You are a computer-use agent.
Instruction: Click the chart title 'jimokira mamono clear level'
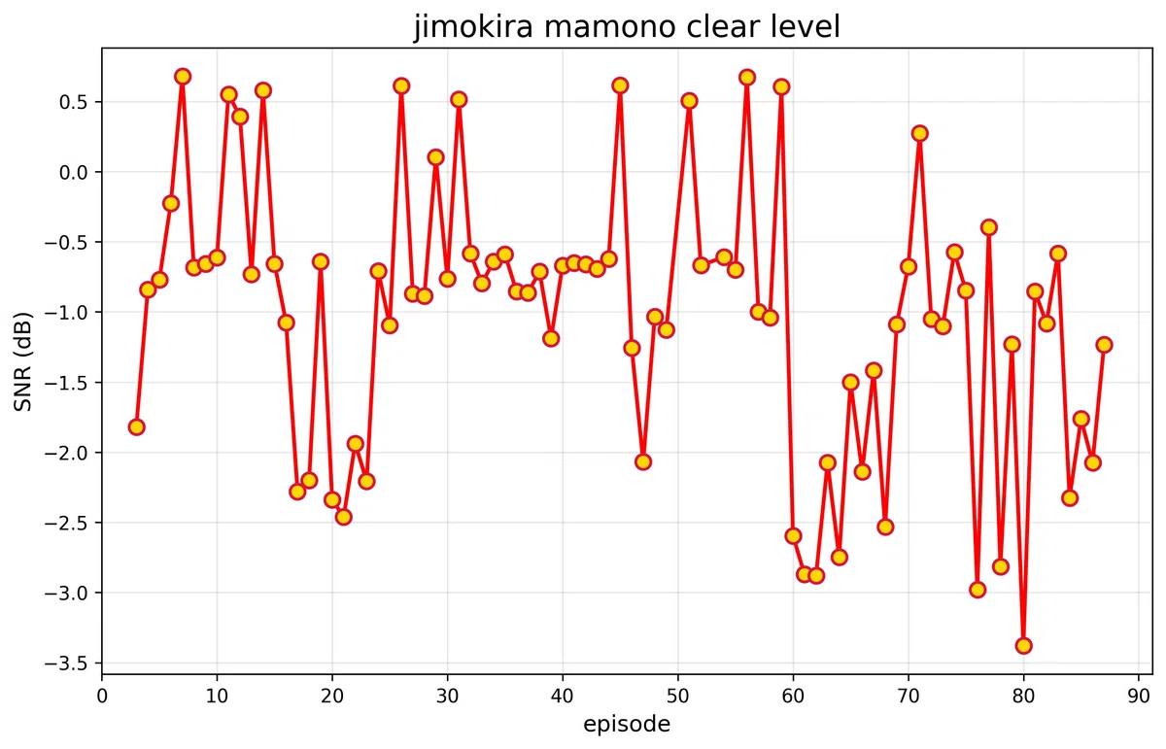627,26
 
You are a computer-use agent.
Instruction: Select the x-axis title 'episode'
627,724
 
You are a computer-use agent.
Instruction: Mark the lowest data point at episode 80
1023,645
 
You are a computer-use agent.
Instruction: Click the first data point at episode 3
136,426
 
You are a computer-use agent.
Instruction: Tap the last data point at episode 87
1104,345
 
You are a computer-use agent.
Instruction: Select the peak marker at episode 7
183,76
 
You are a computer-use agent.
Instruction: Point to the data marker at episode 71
919,133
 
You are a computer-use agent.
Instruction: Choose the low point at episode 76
977,590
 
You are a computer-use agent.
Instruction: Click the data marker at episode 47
643,461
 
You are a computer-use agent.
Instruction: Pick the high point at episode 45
620,85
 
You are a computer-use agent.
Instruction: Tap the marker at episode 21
343,516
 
